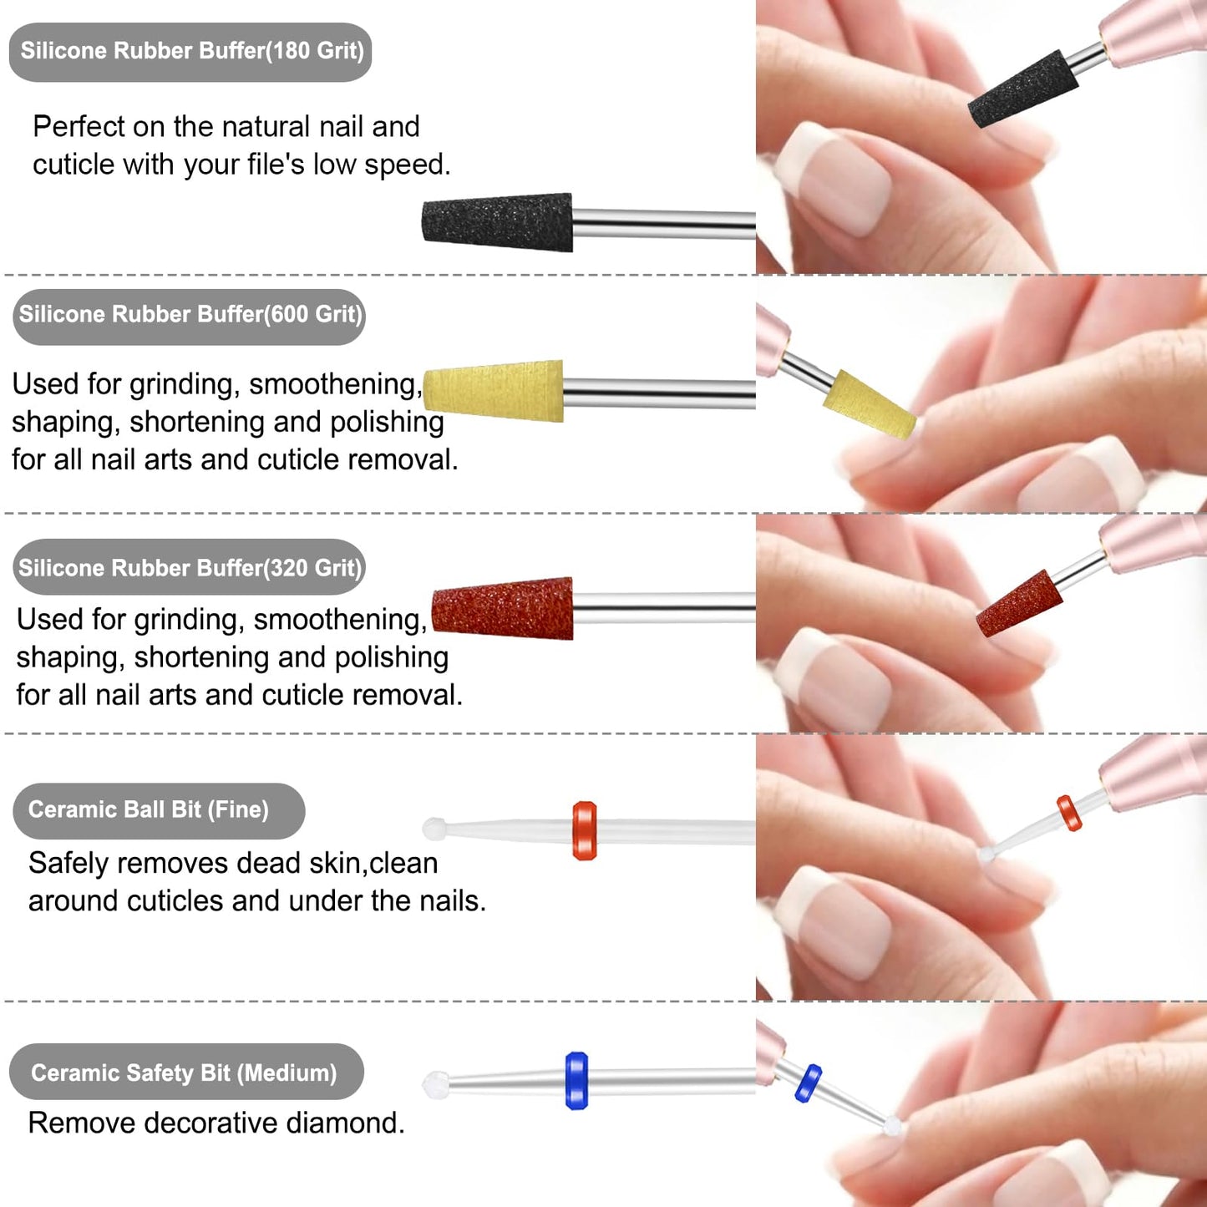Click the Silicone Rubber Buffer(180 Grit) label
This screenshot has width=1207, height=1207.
190,52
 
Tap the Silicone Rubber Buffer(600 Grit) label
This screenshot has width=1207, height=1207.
189,317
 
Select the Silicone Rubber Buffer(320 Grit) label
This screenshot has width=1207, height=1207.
189,567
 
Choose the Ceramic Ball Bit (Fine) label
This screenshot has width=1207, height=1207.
159,810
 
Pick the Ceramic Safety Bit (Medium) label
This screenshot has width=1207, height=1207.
186,1073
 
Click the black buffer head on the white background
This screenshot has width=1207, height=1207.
497,222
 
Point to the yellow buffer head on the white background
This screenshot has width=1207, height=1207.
494,390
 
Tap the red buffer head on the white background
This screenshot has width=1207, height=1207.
502,608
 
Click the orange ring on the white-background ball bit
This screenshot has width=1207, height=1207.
585,830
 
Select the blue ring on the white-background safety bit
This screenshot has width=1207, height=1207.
576,1081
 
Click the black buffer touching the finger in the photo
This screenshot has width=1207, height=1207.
1022,89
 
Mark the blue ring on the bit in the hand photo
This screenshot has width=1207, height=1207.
808,1083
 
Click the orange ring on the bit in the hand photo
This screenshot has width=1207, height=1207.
1068,813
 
